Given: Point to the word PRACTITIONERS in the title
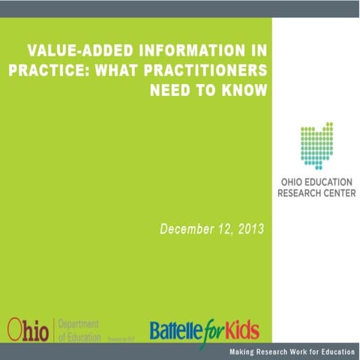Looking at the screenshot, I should point(199,71).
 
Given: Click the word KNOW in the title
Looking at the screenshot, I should point(244,91).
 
